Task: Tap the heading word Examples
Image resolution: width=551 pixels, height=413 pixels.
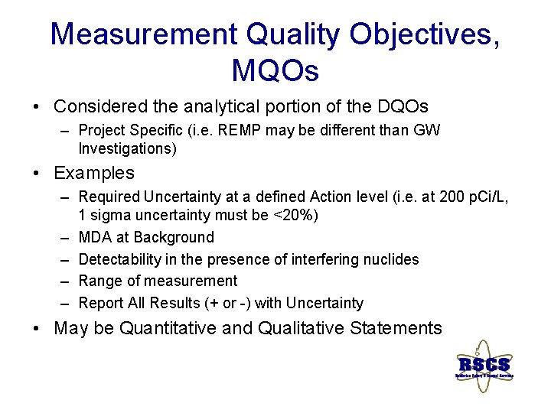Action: [93, 173]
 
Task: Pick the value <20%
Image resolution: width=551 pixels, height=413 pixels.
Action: [296, 216]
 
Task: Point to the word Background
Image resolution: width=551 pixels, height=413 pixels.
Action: [173, 237]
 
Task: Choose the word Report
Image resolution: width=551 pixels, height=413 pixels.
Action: [102, 303]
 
